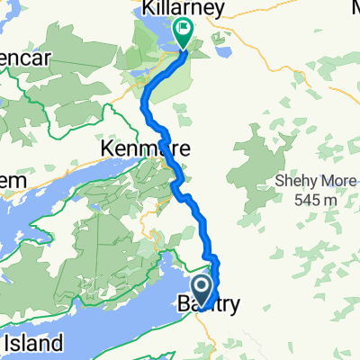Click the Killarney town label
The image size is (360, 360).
[181, 9]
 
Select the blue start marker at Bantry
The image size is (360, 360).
[202, 290]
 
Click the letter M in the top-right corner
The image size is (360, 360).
[352, 9]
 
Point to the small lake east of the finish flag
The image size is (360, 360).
[219, 40]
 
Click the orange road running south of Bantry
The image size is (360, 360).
[210, 337]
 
